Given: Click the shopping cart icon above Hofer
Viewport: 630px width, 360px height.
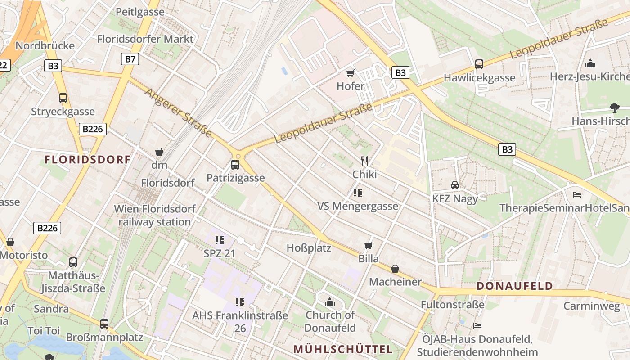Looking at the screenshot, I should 350,73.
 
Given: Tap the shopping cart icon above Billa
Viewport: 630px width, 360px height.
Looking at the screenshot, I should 369,245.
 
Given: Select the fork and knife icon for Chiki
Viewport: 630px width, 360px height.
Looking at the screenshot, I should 364,161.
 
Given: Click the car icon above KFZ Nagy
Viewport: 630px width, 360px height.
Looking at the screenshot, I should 455,185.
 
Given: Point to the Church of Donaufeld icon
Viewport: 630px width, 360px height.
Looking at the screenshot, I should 330,301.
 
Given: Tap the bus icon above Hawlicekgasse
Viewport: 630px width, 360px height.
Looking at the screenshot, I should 479,64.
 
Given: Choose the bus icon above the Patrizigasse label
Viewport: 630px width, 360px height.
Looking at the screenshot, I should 235,165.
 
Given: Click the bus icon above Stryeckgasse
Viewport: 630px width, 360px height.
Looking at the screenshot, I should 63,98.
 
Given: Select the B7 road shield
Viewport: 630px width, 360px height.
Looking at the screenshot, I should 130,58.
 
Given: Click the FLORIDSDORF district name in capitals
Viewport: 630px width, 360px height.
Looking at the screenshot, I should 88,159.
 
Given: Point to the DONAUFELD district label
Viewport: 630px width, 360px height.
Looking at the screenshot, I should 514,286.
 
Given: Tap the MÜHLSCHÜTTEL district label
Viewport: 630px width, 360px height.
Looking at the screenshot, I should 343,349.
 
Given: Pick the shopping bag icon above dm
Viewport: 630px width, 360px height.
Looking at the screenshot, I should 159,152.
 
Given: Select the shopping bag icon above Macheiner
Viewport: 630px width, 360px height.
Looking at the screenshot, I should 395,269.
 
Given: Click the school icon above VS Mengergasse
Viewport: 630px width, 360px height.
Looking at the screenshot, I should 358,193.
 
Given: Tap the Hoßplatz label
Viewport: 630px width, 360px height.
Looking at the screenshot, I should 309,248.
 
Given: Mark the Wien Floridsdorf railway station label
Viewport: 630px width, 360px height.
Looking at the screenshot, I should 154,215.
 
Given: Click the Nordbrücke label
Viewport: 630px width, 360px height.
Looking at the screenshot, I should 45,46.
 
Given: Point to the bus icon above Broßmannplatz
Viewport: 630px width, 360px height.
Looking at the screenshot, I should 104,324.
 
